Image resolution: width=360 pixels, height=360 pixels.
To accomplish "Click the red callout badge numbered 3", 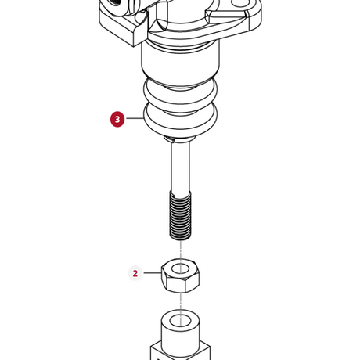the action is pos(117,119).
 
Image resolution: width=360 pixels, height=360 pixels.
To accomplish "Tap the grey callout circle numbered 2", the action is pos(135,273).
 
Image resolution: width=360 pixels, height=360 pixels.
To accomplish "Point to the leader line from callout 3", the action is pos(135,118).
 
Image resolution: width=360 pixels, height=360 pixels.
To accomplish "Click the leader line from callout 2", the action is pos(153,273).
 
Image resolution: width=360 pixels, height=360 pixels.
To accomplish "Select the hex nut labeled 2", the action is pos(180,275).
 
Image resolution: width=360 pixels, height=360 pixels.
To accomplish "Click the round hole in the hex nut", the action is pos(180,268).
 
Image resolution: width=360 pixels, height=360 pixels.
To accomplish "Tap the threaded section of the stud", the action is pos(180,215).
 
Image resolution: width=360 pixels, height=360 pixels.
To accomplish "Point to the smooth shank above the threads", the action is pos(180,167).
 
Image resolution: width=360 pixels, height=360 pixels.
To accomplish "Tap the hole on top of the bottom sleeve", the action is pos(180,320).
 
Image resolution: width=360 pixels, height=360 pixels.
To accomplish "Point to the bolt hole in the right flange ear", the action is pos(242,2).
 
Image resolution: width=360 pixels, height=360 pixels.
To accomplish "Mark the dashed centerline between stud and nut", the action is pos(180,250).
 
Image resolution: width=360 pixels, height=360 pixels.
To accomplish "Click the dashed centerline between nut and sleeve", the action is pos(180,301).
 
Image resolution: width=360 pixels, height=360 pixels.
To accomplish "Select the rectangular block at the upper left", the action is pos(122,26).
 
